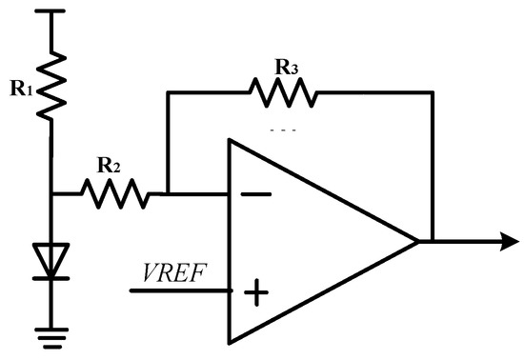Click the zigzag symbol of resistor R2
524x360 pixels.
pos(113,194)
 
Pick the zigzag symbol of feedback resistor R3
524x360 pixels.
pos(283,92)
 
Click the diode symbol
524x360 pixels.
pos(52,261)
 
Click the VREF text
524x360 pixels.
pos(171,272)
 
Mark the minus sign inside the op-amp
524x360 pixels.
pos(254,194)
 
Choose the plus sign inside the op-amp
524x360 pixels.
pos(254,291)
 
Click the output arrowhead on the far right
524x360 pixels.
pos(495,242)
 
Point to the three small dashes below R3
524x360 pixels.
pos(283,130)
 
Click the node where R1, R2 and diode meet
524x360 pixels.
pos(52,194)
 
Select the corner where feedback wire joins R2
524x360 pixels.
pos(168,194)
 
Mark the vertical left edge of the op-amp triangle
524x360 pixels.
pos(230,242)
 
